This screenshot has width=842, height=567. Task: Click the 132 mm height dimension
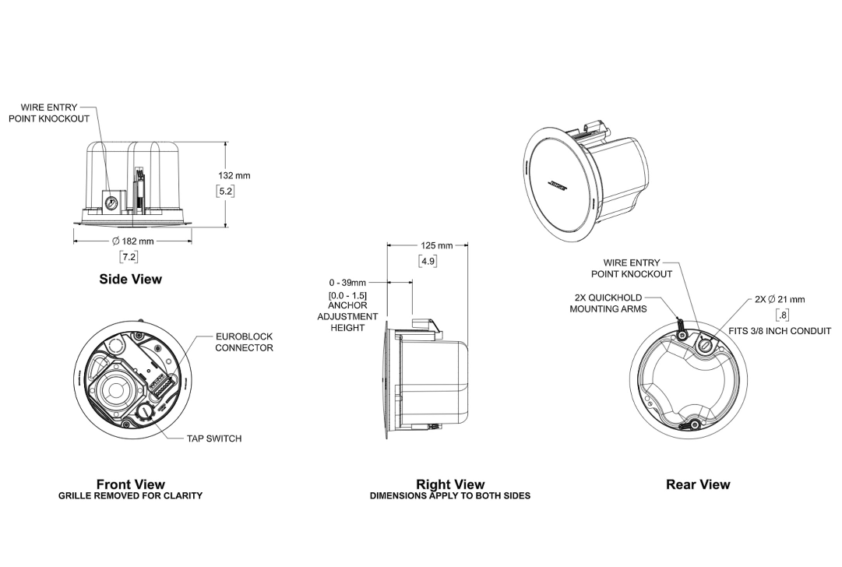[234, 175]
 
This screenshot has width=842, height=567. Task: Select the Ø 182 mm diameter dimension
[132, 241]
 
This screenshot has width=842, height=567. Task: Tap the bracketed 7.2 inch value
[129, 257]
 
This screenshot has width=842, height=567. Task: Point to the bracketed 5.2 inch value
[226, 191]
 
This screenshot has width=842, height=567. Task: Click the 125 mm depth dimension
[436, 245]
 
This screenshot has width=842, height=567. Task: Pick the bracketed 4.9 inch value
[428, 262]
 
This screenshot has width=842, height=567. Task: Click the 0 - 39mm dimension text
[348, 283]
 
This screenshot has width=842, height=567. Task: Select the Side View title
[131, 279]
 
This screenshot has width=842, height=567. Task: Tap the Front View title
[131, 484]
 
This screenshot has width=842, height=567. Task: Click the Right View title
[450, 484]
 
